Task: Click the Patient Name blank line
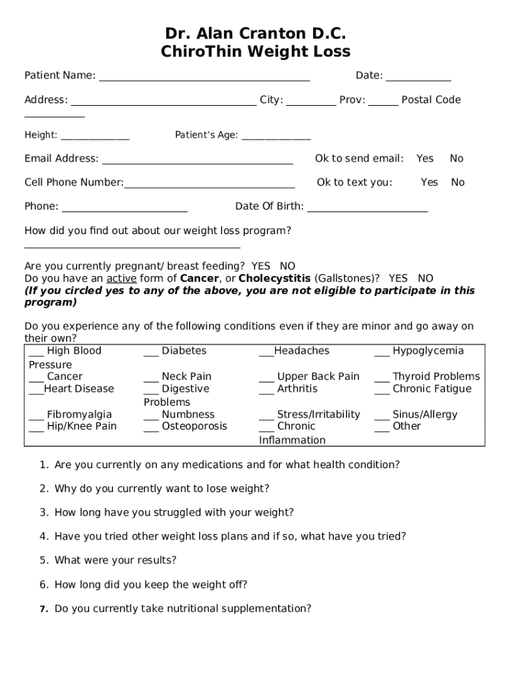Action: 204,78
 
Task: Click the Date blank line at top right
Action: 418,78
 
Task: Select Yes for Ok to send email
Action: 424,158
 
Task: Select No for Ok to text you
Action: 457,182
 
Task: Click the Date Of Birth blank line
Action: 368,209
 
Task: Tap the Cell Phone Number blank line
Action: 209,186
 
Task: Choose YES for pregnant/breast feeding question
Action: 261,266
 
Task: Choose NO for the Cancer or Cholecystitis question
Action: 425,278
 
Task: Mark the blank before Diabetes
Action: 151,353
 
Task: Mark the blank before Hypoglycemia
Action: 382,353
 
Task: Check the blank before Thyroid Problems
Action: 382,378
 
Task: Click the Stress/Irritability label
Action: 319,414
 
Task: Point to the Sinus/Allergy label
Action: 425,414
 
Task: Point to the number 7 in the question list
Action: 43,609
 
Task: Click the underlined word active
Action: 121,278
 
